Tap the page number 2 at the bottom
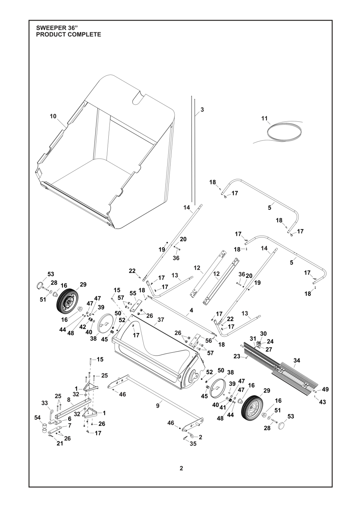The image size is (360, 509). coord(181,468)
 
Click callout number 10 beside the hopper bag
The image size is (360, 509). coord(53,116)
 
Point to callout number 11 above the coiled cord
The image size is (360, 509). coord(264,118)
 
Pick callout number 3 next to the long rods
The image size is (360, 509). coord(202,109)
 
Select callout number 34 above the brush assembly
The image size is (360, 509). coord(297,360)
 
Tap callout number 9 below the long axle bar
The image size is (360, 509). coord(158,406)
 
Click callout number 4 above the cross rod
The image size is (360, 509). coord(191,311)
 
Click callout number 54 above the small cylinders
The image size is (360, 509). coord(37,418)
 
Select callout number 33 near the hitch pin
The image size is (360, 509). coord(44,403)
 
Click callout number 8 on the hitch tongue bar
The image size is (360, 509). coord(68,399)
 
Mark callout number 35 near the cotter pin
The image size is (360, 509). coord(193,444)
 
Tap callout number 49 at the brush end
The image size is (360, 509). coord(325,389)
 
